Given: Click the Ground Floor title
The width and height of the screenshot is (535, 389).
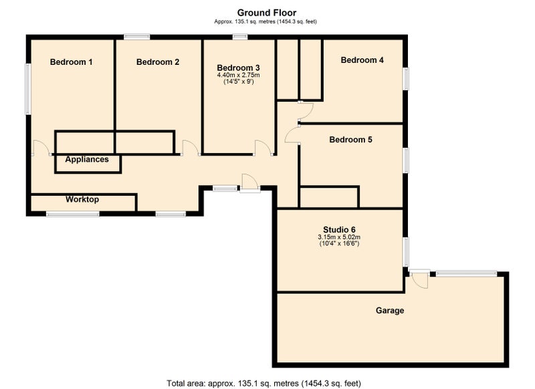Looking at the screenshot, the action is [266, 13].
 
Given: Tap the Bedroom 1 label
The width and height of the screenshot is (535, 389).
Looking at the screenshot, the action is [71, 61].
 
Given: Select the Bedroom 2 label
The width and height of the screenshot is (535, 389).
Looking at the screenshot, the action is [158, 61].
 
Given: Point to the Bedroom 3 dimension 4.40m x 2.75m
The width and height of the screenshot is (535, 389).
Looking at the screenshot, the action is [239, 75].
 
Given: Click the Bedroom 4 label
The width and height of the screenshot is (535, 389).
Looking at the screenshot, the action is [362, 60].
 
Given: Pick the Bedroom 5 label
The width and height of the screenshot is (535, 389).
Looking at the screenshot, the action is [350, 140].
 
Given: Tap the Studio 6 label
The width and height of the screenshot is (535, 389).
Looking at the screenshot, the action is [339, 229].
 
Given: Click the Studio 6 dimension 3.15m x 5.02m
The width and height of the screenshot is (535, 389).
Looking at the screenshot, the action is [339, 237].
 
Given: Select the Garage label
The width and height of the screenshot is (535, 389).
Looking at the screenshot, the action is [390, 310].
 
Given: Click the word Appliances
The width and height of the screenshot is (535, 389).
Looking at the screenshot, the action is [87, 159].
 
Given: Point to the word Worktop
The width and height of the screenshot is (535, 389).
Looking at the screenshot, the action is [82, 199].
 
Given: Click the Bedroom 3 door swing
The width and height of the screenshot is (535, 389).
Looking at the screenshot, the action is [263, 148].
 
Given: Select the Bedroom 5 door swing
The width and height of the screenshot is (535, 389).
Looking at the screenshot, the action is [292, 135].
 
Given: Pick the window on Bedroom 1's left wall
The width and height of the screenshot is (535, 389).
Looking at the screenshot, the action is [28, 89].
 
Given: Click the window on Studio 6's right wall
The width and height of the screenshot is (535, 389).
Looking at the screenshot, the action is [406, 252].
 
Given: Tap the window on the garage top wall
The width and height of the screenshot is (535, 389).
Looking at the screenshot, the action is [466, 273].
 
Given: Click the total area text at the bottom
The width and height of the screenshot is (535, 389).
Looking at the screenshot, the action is [263, 383].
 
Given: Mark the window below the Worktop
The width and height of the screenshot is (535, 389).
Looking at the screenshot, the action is [73, 214].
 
